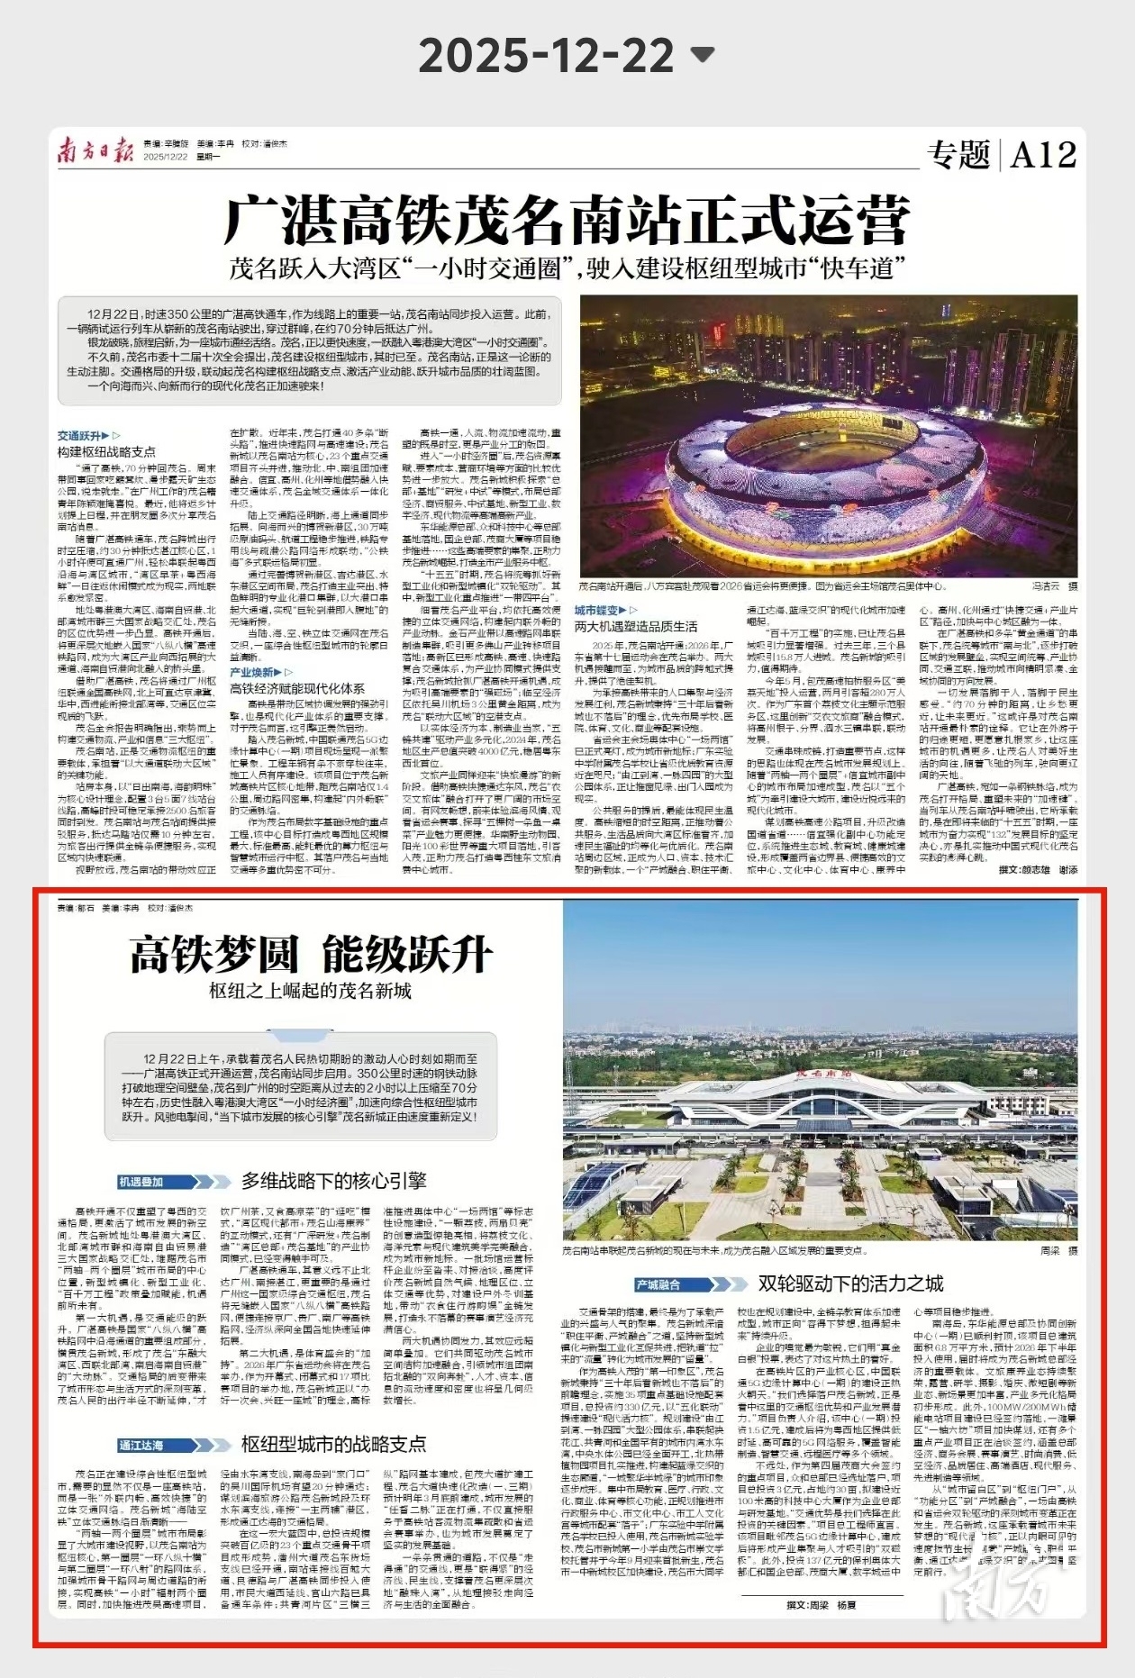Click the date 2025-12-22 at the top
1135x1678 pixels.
[546, 56]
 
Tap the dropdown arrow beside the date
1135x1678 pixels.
[702, 55]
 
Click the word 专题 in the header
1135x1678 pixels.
[958, 155]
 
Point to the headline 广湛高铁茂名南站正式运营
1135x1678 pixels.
[567, 221]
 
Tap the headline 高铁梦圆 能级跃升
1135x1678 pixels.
[311, 954]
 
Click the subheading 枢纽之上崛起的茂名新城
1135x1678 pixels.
[310, 992]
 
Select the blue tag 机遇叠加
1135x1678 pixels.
[142, 1181]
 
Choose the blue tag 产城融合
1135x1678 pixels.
[658, 1284]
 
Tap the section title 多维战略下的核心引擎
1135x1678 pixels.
[333, 1181]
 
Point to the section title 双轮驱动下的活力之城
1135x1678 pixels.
[850, 1283]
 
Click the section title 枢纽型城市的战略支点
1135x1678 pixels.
[333, 1445]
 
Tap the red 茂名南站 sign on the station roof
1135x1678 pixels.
[823, 1074]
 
